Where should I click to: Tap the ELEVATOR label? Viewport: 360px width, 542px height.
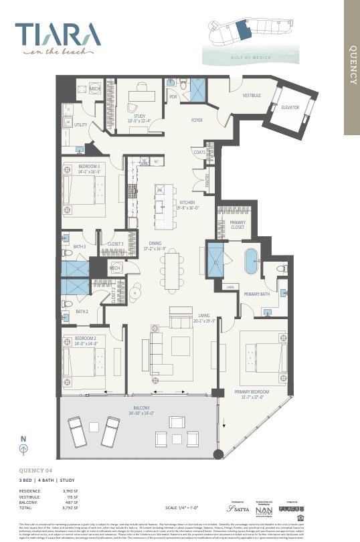[x=290, y=108]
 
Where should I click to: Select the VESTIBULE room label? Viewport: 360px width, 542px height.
[x=252, y=96]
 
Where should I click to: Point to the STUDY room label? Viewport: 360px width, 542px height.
[x=139, y=116]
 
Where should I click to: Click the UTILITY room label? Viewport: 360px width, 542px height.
[x=80, y=125]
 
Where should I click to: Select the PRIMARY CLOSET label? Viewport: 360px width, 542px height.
[x=238, y=225]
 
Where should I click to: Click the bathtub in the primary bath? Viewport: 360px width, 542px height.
[x=251, y=262]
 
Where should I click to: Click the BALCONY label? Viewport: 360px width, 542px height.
[x=141, y=408]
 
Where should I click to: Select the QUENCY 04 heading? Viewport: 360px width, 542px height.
[x=36, y=470]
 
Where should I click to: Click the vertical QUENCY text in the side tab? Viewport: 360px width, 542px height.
[x=353, y=65]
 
